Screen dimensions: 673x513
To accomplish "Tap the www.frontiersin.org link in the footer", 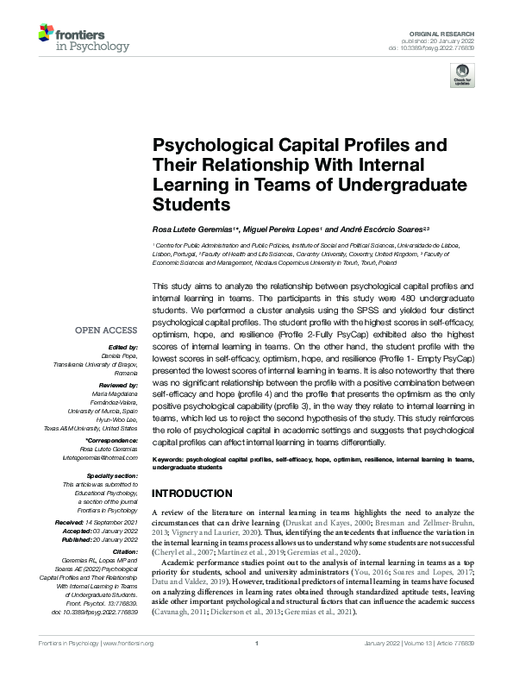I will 128,667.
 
